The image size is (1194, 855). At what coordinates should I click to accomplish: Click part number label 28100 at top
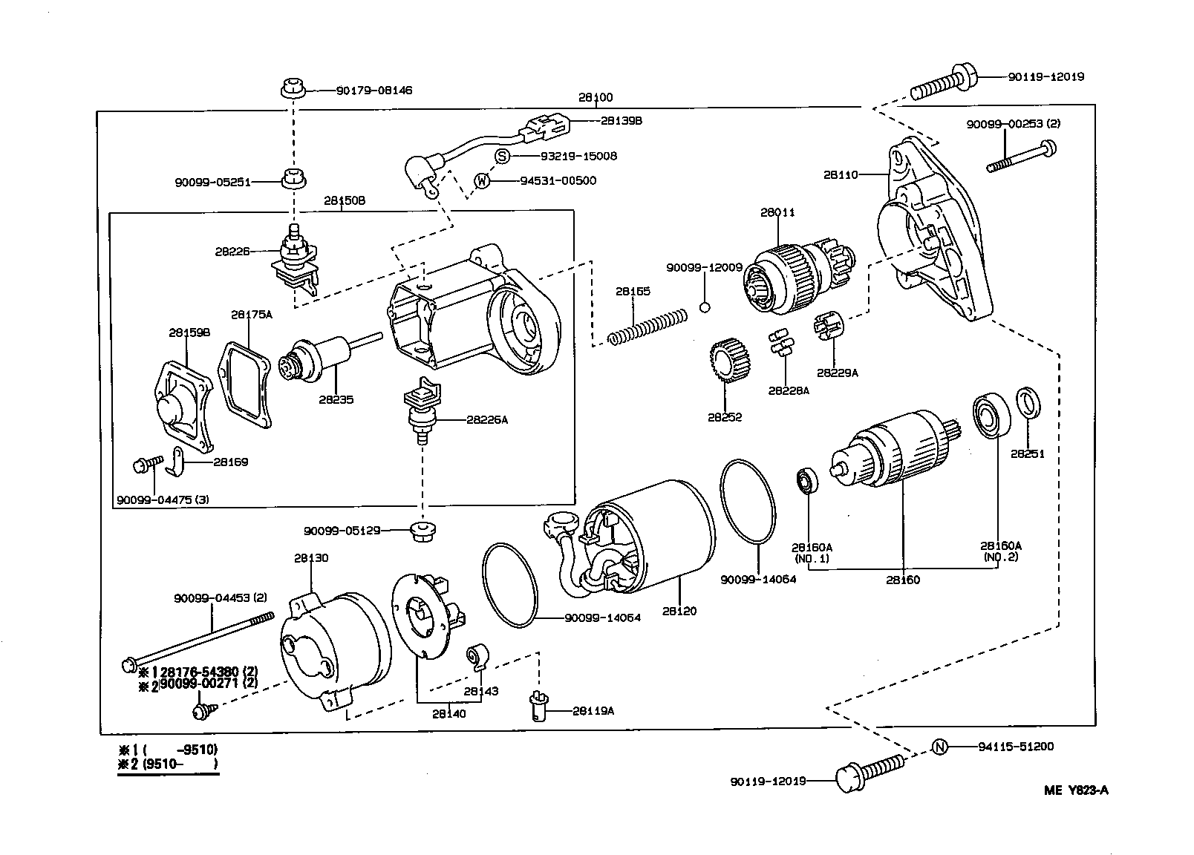pos(596,97)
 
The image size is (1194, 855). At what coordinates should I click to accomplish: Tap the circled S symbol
pos(503,157)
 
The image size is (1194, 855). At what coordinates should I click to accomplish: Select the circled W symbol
pos(483,180)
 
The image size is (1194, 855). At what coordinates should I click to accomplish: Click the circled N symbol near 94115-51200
pos(939,747)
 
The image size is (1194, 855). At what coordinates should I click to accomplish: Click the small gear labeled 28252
pos(730,361)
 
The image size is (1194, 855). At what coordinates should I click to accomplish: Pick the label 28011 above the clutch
pos(777,212)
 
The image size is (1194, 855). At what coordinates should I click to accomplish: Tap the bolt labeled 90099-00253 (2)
pos(1020,157)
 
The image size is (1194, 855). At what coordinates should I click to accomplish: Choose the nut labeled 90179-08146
pos(295,89)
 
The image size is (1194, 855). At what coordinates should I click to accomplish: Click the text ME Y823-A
pos(1076,790)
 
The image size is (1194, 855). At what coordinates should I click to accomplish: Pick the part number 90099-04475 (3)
pos(163,499)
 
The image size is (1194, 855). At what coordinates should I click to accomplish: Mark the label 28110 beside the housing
pos(840,175)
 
